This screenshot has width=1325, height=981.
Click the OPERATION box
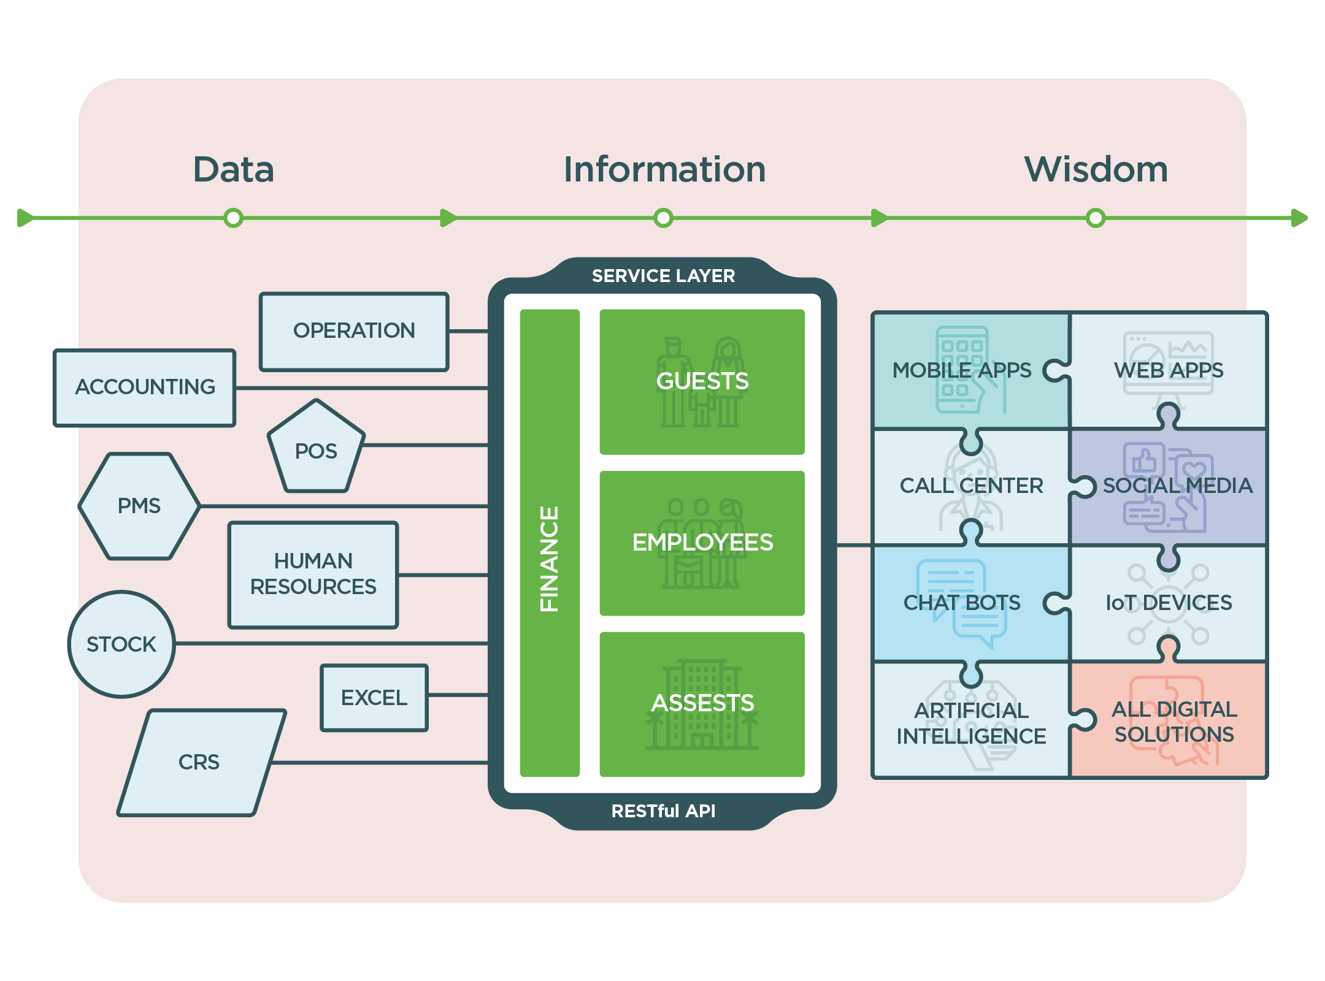354,332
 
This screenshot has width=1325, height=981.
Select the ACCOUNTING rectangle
145,387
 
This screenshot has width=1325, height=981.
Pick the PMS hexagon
139,506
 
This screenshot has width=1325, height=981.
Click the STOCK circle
121,644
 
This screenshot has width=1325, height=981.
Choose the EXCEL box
374,698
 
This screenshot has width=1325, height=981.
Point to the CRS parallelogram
200,763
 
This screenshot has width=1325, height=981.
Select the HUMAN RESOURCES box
313,574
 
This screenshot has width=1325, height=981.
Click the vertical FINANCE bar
550,543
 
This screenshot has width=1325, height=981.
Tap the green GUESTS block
702,381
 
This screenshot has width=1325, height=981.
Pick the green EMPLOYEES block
702,543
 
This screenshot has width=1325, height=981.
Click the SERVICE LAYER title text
663,276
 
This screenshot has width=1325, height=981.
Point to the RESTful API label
663,811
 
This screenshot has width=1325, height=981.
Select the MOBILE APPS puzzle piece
963,370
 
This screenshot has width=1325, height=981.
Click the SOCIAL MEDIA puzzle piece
1177,486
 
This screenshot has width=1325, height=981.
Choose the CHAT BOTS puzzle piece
962,603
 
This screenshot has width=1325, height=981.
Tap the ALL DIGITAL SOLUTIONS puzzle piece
1173,722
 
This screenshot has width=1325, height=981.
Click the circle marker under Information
663,218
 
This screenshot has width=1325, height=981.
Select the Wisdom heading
1096,170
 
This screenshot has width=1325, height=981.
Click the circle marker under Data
233,218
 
